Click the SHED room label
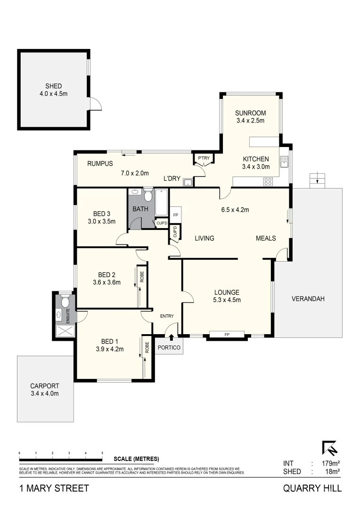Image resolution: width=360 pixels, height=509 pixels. (x=54, y=86)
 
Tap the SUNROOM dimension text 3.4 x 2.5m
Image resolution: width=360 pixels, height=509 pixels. (x=250, y=121)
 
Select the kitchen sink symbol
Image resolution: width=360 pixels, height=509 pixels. (x=284, y=162)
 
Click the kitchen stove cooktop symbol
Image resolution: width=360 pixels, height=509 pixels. (x=268, y=181)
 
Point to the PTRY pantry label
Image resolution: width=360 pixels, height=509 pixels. (x=204, y=158)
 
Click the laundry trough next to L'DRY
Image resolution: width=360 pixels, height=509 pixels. (x=188, y=182)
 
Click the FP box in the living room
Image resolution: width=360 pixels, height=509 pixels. (x=175, y=215)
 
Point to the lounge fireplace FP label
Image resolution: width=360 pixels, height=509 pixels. (x=227, y=335)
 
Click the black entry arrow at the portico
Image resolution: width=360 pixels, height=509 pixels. (x=171, y=337)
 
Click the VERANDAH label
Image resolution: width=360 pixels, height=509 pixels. (x=308, y=299)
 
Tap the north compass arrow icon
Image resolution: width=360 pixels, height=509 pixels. (x=329, y=448)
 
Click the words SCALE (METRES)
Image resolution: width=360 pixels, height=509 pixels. (x=137, y=459)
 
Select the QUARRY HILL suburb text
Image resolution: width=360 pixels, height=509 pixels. (x=312, y=488)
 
